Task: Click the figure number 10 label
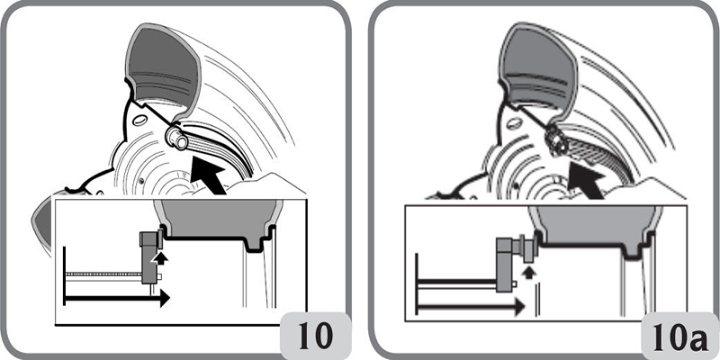point(316,337)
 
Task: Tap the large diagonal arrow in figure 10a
point(586,182)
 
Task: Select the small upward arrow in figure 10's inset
point(160,258)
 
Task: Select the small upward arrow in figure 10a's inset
point(529,273)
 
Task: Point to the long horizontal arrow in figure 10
point(117,298)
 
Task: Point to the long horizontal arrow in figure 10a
point(470,306)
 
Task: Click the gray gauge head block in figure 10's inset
point(148,257)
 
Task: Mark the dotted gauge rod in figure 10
point(103,274)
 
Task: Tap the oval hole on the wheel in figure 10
point(139,121)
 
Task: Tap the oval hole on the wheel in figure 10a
point(514,122)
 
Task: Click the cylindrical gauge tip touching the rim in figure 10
point(176,139)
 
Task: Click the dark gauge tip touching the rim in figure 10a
point(554,141)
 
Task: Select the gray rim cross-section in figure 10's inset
point(218,223)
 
